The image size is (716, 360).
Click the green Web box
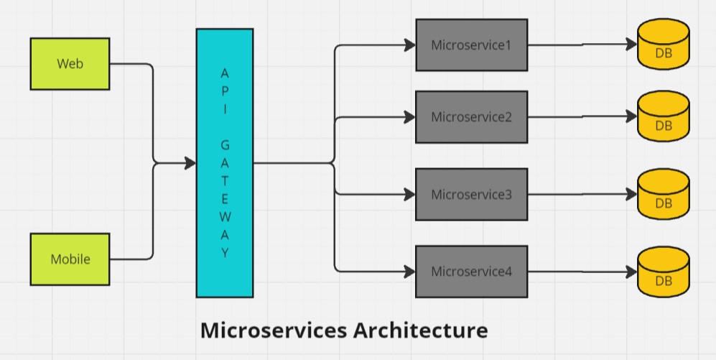tap(70, 64)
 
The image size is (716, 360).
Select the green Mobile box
tap(70, 259)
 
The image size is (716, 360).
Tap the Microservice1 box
tap(471, 45)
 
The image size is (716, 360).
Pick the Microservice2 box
tap(471, 117)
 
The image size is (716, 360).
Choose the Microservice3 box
tap(471, 194)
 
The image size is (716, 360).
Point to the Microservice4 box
tap(471, 272)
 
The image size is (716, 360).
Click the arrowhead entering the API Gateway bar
tap(190, 163)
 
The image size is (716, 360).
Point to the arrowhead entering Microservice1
tap(410, 45)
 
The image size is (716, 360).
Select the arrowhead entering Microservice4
tap(410, 272)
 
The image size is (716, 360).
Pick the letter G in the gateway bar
tap(225, 145)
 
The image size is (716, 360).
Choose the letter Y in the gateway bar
tap(225, 253)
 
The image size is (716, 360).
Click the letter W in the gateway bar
tap(225, 217)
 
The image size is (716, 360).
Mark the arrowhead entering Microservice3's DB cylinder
tap(632, 194)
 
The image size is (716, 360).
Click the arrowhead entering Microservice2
tap(410, 117)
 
